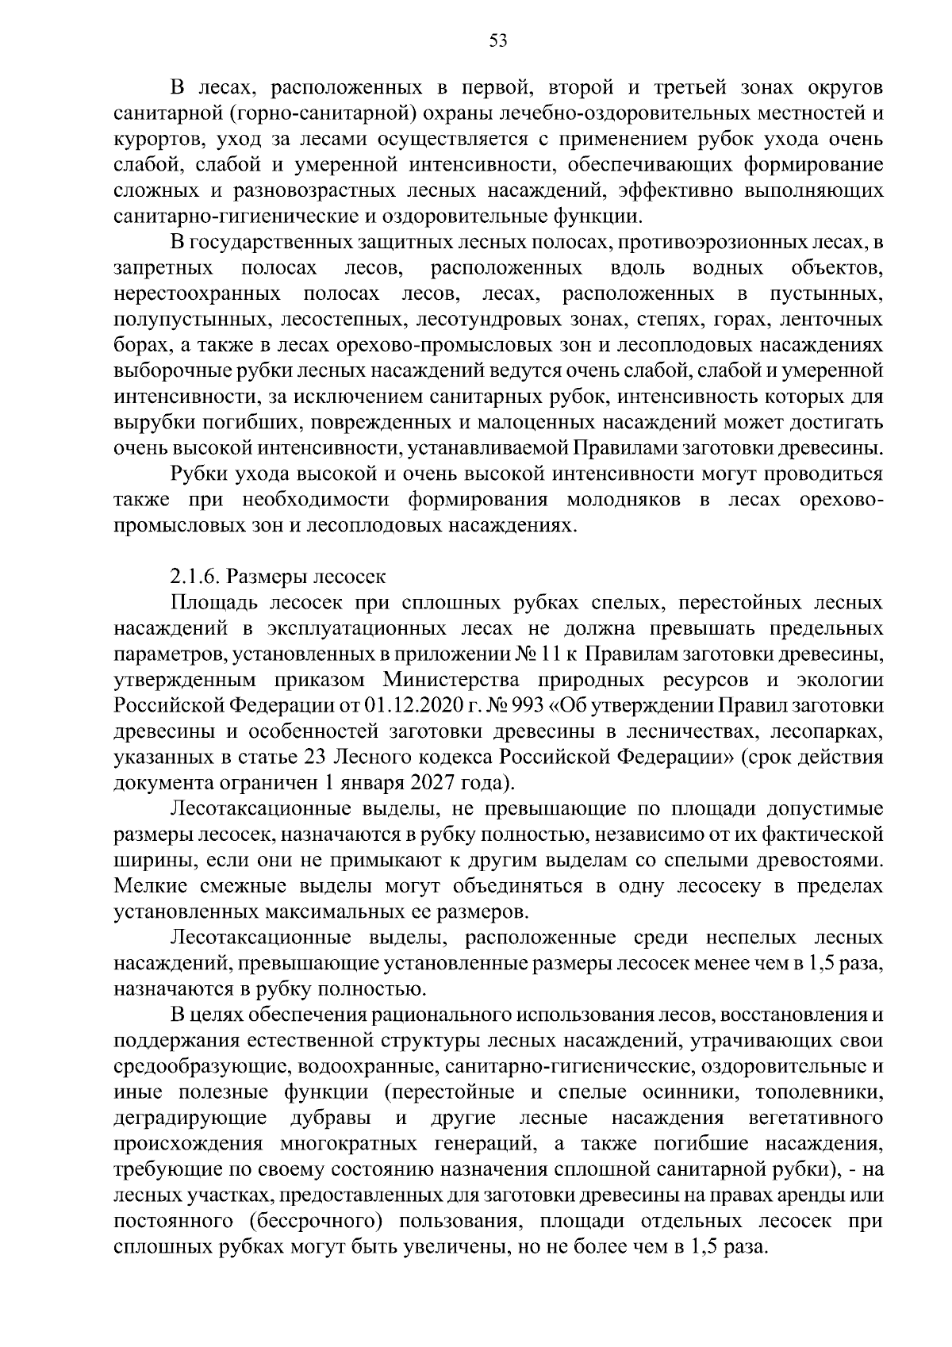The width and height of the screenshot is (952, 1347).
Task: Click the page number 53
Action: pos(497,42)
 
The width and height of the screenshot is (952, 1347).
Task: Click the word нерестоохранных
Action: pos(197,294)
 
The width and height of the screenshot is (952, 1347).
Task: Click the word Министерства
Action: pos(451,680)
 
